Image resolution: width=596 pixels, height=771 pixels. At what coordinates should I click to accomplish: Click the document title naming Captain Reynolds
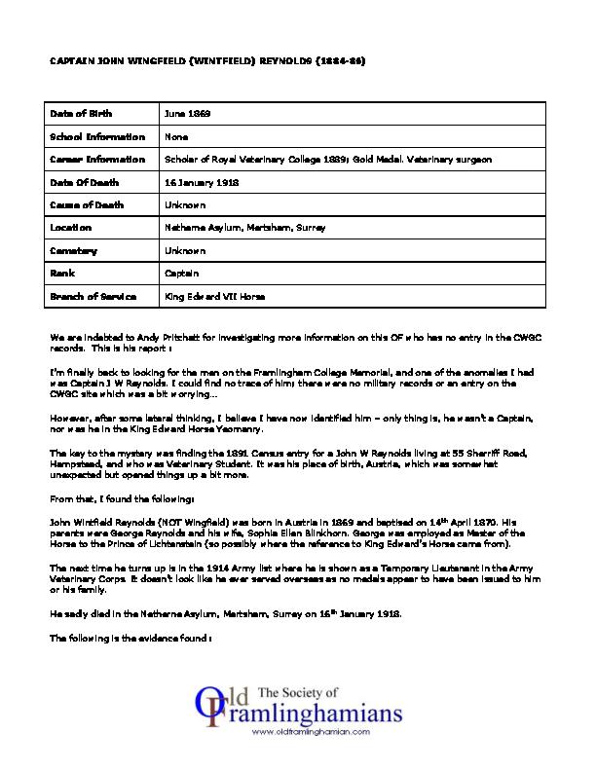point(208,60)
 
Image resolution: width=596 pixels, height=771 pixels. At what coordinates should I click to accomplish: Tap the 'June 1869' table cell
point(188,114)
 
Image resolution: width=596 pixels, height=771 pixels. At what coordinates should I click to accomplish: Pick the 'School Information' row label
point(96,137)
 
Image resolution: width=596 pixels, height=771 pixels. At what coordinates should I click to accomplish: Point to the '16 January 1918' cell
point(203,182)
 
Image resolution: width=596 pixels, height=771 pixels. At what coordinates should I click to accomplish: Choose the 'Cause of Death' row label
point(86,204)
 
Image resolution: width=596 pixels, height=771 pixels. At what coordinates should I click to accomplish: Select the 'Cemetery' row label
point(76,250)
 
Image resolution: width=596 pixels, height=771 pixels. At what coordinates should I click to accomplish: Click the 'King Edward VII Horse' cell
point(215,296)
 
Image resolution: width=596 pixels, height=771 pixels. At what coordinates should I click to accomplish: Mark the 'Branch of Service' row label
point(93,296)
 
